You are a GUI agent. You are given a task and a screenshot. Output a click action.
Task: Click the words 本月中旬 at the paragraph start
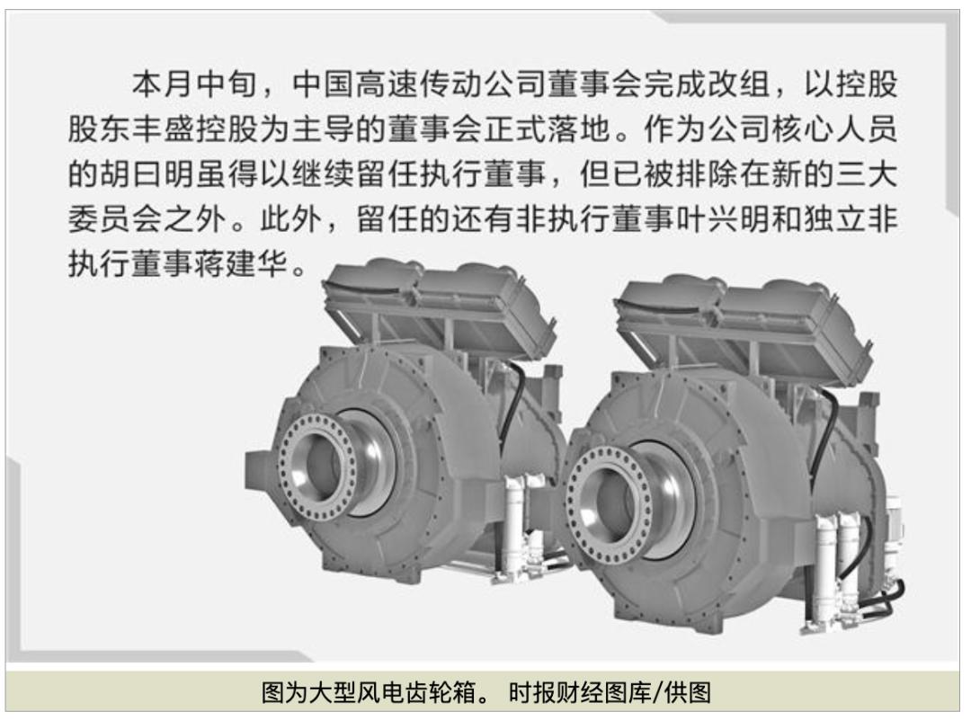(194, 84)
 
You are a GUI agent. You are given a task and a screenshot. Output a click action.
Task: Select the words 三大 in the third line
(867, 174)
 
